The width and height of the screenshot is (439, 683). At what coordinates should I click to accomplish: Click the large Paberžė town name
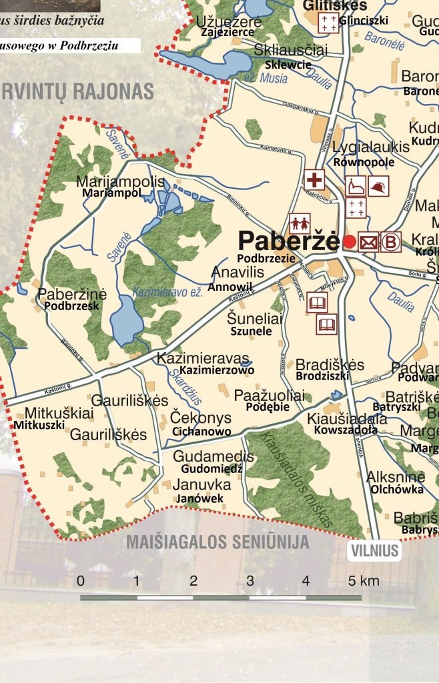[288, 240]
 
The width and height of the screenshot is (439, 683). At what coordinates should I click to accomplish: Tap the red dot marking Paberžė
[348, 241]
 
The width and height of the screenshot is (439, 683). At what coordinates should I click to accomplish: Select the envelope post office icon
[368, 242]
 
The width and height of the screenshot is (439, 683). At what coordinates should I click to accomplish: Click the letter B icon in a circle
[391, 242]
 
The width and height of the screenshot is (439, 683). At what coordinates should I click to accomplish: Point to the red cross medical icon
[314, 179]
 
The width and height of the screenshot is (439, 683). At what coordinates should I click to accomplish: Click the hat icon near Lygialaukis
[379, 185]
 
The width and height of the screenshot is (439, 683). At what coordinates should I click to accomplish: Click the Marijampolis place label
[120, 181]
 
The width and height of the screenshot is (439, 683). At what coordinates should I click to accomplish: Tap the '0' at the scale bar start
[81, 580]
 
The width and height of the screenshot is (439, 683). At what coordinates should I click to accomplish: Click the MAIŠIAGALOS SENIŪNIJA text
[218, 542]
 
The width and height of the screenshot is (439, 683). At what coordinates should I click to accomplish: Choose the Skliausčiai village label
[291, 51]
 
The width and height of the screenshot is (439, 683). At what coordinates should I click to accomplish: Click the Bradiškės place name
[330, 365]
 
